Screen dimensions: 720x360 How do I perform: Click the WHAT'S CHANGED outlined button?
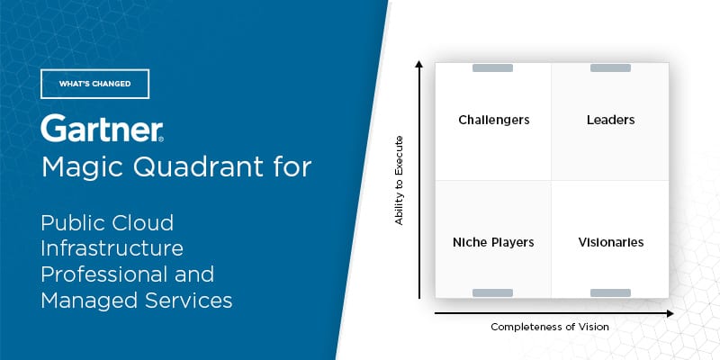point(94,84)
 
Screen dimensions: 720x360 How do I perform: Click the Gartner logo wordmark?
point(102,128)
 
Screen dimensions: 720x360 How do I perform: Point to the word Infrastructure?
point(112,248)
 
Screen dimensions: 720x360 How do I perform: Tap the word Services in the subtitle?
point(189,301)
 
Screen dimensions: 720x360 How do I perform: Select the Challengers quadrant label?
point(493,121)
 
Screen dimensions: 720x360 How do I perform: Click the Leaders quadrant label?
point(611,120)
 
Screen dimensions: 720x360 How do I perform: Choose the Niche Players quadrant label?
point(493,242)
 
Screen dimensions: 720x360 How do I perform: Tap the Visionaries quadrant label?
point(611,242)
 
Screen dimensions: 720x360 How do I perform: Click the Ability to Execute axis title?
point(399,181)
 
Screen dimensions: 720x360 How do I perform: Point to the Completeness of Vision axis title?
point(550,327)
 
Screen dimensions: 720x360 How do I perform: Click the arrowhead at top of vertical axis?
point(418,63)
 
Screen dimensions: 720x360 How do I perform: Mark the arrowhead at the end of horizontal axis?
point(670,313)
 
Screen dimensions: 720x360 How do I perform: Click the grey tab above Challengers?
point(492,68)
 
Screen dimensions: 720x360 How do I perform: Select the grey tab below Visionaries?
point(610,293)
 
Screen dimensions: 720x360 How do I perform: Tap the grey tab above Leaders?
point(610,68)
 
